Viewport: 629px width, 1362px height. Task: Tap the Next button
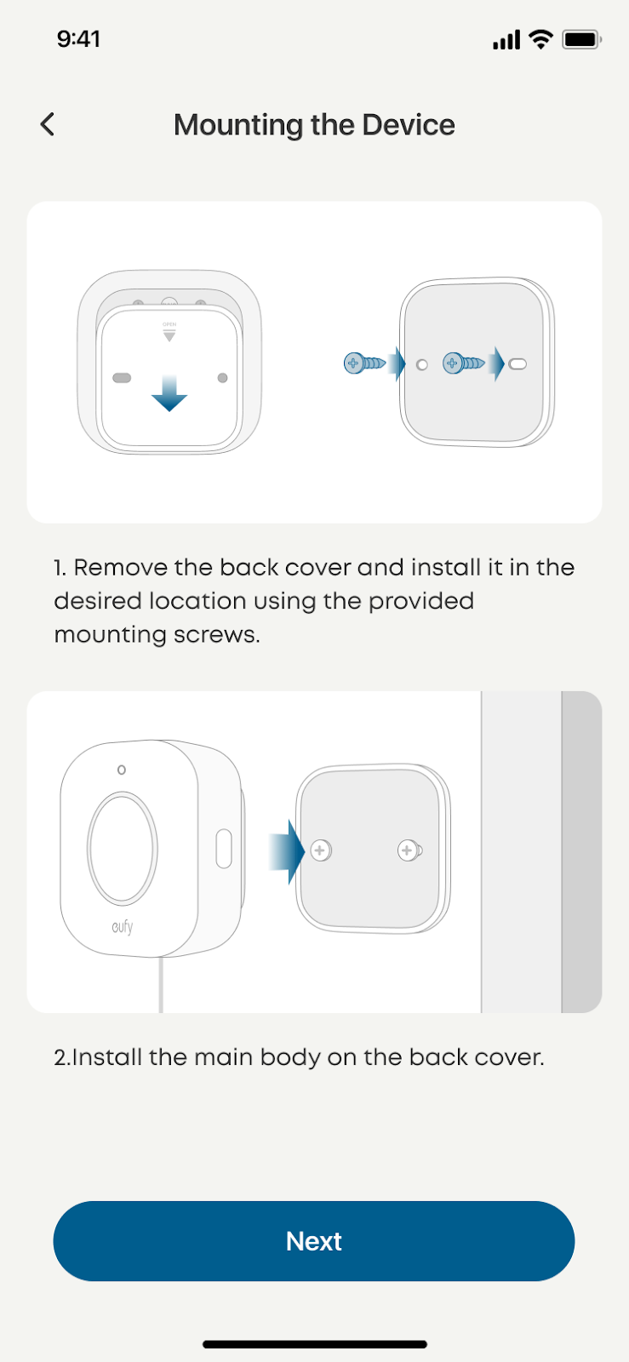click(x=313, y=1241)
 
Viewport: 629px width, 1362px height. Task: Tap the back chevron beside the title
click(x=48, y=124)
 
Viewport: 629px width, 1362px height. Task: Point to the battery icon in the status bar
click(x=581, y=39)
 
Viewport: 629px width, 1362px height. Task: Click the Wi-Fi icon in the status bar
click(x=540, y=39)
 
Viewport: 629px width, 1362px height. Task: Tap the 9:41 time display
click(x=78, y=39)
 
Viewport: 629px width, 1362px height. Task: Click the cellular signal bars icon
click(x=506, y=40)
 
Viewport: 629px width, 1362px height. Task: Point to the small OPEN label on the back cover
click(x=169, y=324)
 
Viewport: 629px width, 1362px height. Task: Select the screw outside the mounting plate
click(x=364, y=363)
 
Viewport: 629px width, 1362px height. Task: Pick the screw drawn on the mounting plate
click(x=464, y=363)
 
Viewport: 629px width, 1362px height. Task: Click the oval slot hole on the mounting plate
click(x=517, y=364)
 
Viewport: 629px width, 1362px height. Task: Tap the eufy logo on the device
click(x=123, y=926)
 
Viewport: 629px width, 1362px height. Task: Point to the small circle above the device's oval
click(x=122, y=770)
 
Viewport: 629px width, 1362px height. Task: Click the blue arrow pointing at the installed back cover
click(x=286, y=851)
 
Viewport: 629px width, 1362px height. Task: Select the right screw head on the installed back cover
click(x=409, y=850)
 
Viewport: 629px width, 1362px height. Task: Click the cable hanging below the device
click(x=160, y=984)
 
